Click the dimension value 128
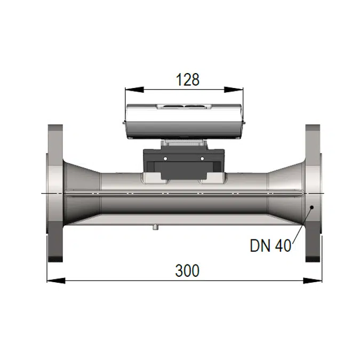pos(187,80)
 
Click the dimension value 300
pos(187,270)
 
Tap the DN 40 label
pos(270,245)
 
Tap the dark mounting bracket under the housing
pos(183,163)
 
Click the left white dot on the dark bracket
pos(165,159)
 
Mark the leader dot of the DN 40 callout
pos(312,210)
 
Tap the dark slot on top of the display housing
pos(183,106)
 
